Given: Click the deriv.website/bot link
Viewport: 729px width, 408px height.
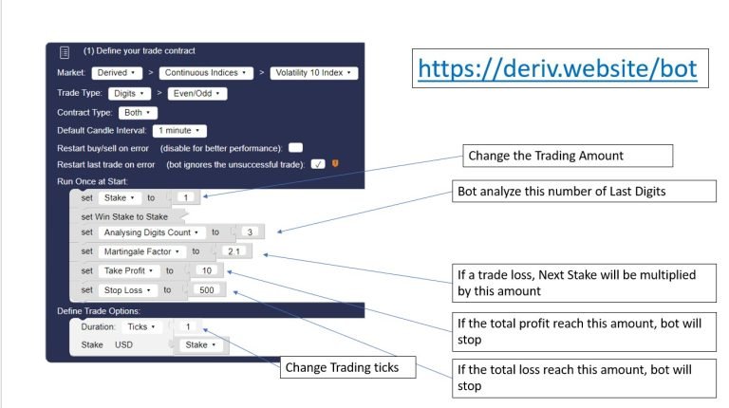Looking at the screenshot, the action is [557, 68].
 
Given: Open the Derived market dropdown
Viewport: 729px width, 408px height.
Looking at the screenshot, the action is [117, 73].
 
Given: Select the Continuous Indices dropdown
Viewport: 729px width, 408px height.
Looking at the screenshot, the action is [206, 73].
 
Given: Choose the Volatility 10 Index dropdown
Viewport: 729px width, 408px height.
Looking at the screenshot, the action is [314, 73].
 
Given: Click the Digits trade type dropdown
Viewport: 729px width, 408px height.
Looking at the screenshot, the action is [129, 93].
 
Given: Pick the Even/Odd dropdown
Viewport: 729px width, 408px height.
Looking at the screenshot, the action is [197, 93].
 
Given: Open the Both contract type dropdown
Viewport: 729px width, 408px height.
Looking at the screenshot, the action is [138, 113].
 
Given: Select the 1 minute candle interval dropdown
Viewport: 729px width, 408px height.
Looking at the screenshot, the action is [179, 131].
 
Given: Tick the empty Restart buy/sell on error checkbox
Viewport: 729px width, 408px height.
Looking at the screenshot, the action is [296, 148].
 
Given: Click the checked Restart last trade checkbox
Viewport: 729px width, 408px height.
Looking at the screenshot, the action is [318, 164].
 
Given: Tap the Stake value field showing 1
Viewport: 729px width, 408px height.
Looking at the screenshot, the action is [186, 197].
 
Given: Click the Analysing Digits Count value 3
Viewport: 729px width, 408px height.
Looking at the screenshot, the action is [251, 232].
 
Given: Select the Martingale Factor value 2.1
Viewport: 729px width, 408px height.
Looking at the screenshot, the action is [234, 251].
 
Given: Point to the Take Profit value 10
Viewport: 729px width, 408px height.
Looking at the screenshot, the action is [207, 270].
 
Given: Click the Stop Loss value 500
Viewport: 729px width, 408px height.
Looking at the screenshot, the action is [207, 290].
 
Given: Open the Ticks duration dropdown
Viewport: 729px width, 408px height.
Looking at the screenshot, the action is [141, 326].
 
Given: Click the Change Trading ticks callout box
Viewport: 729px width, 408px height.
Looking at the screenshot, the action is [347, 367].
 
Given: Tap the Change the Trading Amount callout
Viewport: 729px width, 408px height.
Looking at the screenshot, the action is [568, 156].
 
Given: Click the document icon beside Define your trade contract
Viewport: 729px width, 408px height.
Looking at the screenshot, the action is [65, 52].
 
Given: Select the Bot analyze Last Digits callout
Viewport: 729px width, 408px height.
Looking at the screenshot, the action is [584, 191].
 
